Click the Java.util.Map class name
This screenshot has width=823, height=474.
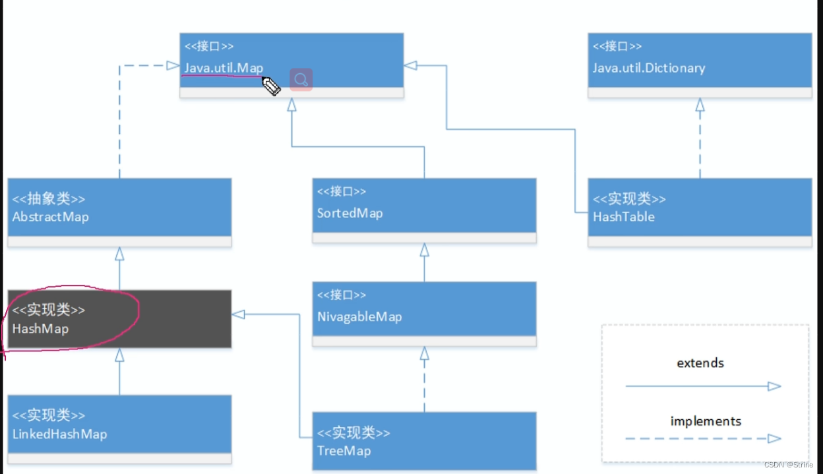(x=224, y=68)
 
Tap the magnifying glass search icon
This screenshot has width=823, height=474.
(x=301, y=80)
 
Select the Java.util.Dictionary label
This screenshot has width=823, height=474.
(x=648, y=68)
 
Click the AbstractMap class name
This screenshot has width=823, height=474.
(x=50, y=217)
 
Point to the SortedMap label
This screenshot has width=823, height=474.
(x=350, y=213)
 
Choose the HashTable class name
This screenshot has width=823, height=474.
(x=623, y=217)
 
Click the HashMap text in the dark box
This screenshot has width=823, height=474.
(x=40, y=328)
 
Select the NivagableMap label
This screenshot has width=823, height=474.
(x=359, y=316)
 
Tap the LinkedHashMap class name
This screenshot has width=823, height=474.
(x=59, y=434)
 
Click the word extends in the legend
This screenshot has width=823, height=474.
(x=700, y=363)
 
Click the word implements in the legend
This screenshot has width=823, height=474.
(x=706, y=421)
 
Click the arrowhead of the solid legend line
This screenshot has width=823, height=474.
(x=774, y=386)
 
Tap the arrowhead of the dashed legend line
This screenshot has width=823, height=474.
(x=774, y=438)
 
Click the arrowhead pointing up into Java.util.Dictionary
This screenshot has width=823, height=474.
(x=700, y=104)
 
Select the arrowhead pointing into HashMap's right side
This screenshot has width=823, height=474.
(x=238, y=314)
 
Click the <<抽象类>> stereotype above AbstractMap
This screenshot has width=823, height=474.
(x=49, y=199)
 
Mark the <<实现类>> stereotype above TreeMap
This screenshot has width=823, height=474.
(x=353, y=433)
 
